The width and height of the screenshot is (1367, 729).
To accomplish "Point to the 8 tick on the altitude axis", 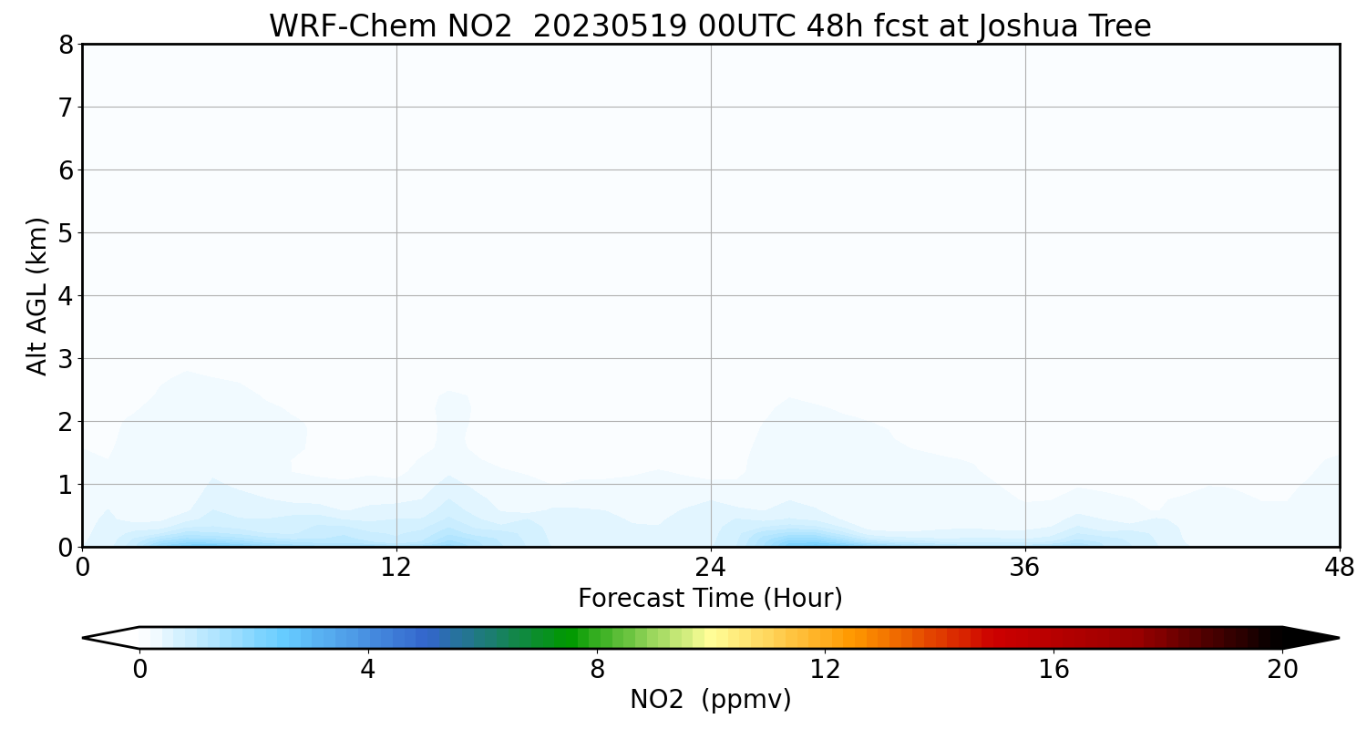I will (x=66, y=45).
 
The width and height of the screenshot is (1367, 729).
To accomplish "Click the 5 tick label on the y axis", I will (x=66, y=233).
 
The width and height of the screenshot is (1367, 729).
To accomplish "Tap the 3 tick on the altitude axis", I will (x=66, y=359).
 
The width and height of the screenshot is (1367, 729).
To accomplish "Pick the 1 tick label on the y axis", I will (x=66, y=485).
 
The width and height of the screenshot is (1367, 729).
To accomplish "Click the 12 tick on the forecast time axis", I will (x=396, y=568).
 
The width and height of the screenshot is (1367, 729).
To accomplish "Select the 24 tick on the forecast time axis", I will (x=711, y=568).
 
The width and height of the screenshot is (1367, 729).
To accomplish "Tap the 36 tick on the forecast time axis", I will (x=1025, y=568).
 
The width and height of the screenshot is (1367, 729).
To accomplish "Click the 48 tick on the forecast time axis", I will (x=1339, y=568).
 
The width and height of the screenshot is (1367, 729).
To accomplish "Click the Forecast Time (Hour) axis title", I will (x=710, y=599).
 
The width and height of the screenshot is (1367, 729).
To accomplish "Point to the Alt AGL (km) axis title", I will (x=37, y=295).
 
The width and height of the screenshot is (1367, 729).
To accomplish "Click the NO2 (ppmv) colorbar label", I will (x=710, y=700).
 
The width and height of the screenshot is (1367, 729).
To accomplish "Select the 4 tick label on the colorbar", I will (x=367, y=670).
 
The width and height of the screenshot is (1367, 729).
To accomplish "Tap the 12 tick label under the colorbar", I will (x=825, y=670).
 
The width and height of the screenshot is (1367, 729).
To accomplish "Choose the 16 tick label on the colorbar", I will (x=1054, y=670).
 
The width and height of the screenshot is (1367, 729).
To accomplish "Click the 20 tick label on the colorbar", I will (x=1282, y=670).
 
